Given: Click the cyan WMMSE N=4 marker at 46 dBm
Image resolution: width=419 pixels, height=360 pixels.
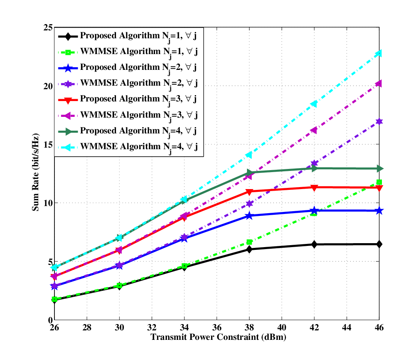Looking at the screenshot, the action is click(x=379, y=53).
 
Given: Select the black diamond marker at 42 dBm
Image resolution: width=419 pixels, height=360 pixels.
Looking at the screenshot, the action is click(x=314, y=244).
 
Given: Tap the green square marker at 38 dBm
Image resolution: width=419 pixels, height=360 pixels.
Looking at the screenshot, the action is click(x=249, y=242).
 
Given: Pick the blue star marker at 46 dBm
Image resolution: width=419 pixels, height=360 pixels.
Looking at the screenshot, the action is click(x=379, y=211).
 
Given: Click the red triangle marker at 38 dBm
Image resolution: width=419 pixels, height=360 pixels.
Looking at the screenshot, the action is click(x=249, y=192).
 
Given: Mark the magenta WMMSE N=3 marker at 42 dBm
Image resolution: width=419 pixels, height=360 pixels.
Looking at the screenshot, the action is click(x=314, y=130).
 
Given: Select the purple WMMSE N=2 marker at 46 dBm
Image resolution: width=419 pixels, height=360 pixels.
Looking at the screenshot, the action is click(x=379, y=122).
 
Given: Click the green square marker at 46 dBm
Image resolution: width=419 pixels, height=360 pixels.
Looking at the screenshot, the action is click(x=379, y=182).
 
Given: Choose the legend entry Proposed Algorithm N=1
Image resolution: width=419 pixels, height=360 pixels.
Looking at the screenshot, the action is click(x=127, y=36).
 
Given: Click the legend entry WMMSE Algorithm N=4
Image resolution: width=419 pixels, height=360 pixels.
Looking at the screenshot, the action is click(x=128, y=147).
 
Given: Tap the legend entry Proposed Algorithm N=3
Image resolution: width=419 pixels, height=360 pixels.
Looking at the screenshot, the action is click(x=127, y=99).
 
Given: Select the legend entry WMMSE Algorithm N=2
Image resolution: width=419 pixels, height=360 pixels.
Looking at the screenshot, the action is click(x=128, y=84).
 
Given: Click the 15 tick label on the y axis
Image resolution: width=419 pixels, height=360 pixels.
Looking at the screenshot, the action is click(x=48, y=144).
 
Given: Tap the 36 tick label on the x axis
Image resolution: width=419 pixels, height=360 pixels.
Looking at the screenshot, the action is click(x=217, y=327).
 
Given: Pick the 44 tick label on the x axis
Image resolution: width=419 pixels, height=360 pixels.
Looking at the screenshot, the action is click(x=346, y=327).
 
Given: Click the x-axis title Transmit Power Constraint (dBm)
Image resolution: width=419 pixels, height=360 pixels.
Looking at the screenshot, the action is click(x=218, y=337).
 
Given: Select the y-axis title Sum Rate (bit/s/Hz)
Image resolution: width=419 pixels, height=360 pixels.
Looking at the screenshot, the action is click(x=36, y=172).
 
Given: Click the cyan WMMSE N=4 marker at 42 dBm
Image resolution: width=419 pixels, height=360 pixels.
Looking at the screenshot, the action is click(x=314, y=104).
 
